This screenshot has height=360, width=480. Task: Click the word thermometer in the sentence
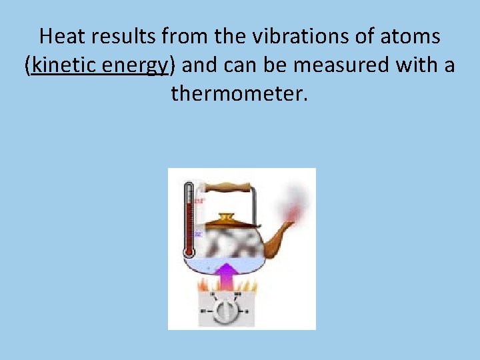coord(239,93)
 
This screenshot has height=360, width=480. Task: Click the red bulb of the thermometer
coord(189,251)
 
